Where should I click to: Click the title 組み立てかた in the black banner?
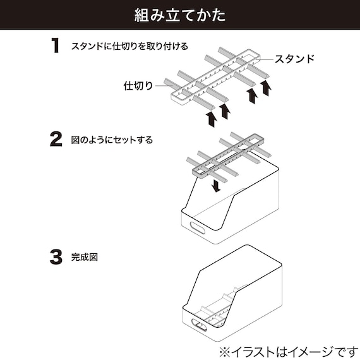point(180,15)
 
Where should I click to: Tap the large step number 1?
point(56,45)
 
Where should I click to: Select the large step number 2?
point(56,140)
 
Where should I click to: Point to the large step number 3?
point(56,257)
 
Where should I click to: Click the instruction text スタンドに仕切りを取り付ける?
point(129,46)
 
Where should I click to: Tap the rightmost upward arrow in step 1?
point(267,87)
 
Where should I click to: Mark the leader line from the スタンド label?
point(264,59)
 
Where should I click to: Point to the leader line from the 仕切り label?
point(162,85)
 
